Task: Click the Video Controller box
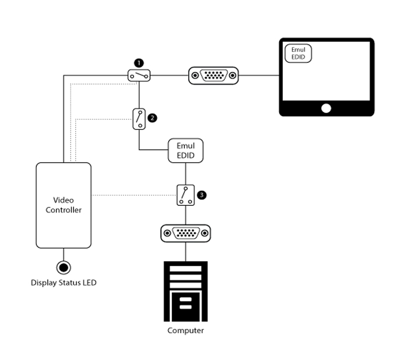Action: tap(64, 205)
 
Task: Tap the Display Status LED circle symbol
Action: tap(64, 267)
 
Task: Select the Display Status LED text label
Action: tap(64, 283)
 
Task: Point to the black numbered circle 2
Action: tap(153, 118)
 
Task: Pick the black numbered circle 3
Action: tap(201, 195)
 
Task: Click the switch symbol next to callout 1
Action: tap(139, 75)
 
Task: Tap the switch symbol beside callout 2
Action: tap(139, 119)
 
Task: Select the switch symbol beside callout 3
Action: tap(186, 195)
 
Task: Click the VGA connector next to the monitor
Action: tap(213, 75)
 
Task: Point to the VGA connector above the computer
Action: tap(185, 233)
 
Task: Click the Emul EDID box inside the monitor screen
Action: tap(298, 53)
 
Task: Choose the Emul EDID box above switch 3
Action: tap(185, 151)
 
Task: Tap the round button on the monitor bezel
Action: tap(326, 109)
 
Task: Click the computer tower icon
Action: tap(185, 291)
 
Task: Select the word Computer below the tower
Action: tap(185, 331)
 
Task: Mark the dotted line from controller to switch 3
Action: tap(134, 196)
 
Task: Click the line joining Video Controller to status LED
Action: tap(64, 254)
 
